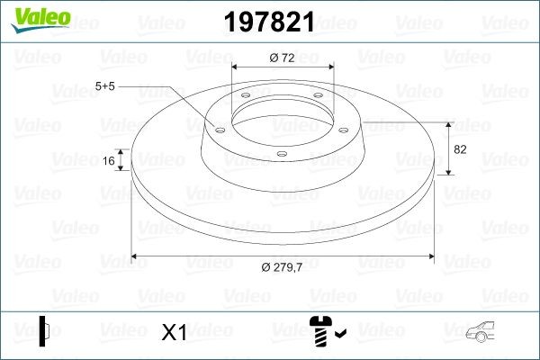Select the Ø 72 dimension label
283,58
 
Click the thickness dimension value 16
109,161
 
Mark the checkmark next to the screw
338,335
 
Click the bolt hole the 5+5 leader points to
219,129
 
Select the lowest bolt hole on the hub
281,153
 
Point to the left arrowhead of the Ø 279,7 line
136,256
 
